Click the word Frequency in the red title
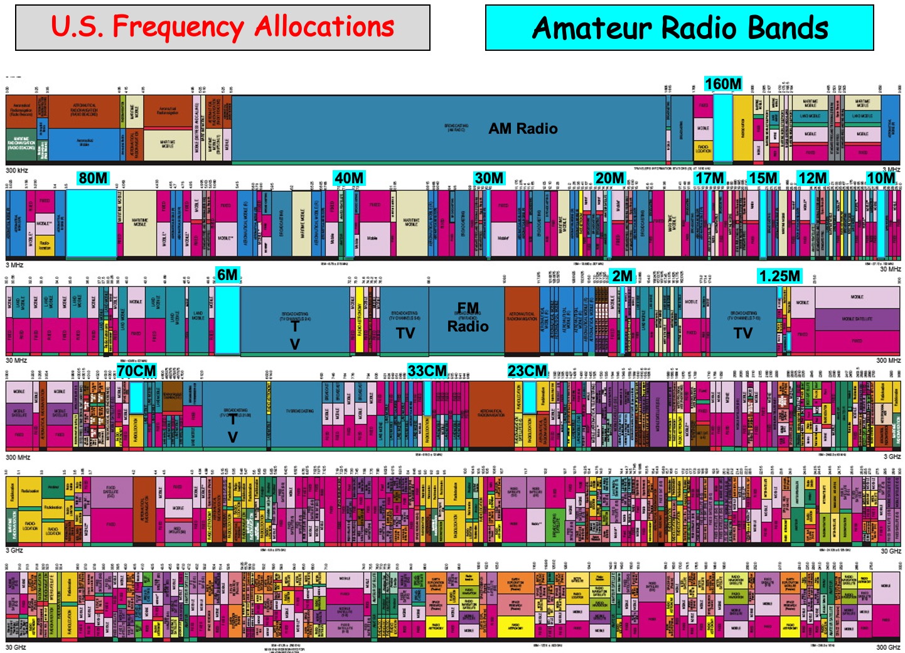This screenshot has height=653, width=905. coord(178,28)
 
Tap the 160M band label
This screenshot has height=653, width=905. coord(723,84)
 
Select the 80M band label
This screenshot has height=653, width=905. coord(93,178)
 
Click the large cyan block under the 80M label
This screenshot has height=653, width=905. coord(91,223)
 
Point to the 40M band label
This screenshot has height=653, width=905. coord(349,178)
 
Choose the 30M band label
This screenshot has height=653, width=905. coord(489,178)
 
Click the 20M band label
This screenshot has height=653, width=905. coord(609,178)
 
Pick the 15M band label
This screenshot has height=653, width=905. coord(763,178)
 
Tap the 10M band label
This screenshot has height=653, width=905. coord(881,178)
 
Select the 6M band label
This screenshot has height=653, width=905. coord(227,275)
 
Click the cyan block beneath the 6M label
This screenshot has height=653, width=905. coord(227,320)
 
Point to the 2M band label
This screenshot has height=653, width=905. coord(622,276)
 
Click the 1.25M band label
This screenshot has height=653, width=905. coord(779,276)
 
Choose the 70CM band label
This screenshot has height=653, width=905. coord(136,371)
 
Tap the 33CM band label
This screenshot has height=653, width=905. coord(427,371)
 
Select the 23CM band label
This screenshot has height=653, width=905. coord(527,371)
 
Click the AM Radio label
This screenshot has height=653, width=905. coord(523,129)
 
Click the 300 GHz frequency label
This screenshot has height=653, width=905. coord(888,647)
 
